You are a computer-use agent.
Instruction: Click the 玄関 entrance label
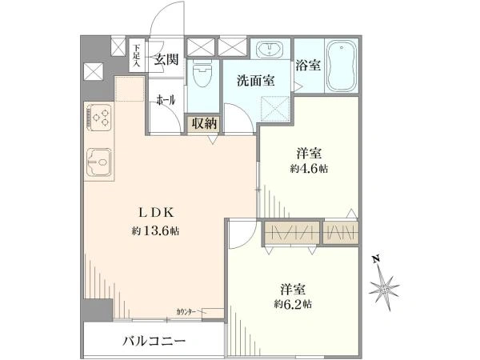166,58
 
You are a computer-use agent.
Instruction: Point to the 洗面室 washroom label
255,80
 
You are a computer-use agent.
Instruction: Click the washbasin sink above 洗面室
270,50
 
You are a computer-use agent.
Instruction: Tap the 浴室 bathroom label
308,65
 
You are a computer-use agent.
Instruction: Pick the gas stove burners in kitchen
101,120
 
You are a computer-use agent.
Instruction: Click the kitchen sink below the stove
101,163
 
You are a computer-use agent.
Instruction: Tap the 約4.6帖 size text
310,169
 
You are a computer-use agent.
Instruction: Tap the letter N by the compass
374,259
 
